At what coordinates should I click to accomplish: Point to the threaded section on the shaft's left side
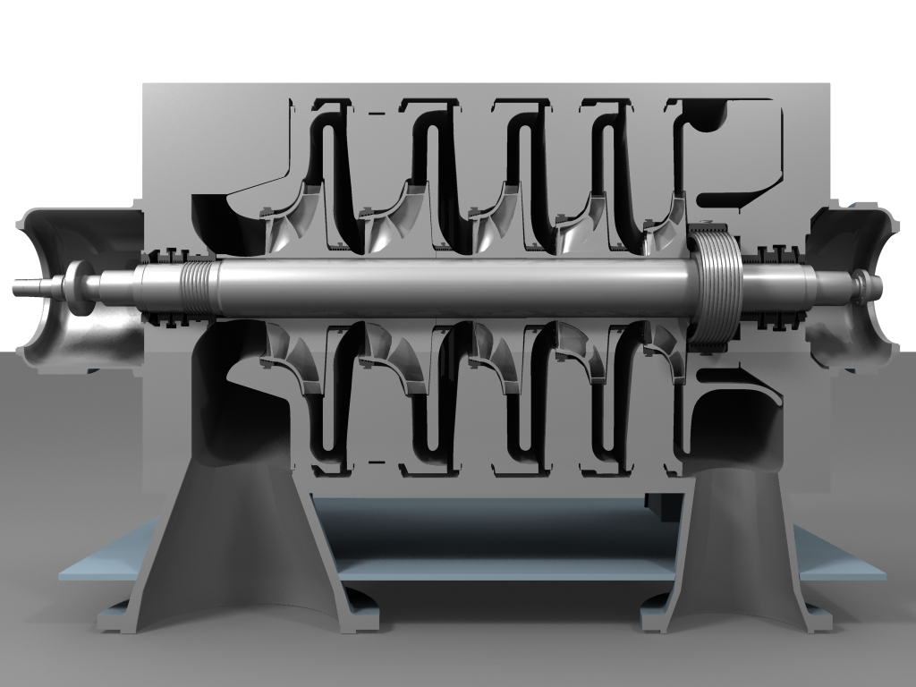(x=199, y=284)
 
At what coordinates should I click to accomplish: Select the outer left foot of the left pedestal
(x=116, y=620)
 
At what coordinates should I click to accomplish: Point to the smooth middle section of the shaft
(x=447, y=288)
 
